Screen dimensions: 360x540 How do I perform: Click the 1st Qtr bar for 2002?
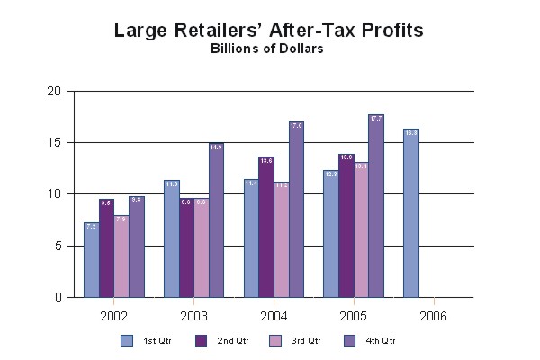click(x=91, y=260)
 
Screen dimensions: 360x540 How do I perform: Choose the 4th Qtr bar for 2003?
click(x=216, y=220)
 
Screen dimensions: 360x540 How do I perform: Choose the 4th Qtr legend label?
click(x=380, y=341)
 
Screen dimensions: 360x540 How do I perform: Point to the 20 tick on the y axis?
click(x=55, y=91)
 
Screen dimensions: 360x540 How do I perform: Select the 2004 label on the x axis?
click(x=274, y=316)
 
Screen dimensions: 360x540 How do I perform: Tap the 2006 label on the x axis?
click(x=433, y=316)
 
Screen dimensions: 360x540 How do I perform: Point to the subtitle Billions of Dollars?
click(x=267, y=49)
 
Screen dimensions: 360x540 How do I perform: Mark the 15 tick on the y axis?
click(x=55, y=142)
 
